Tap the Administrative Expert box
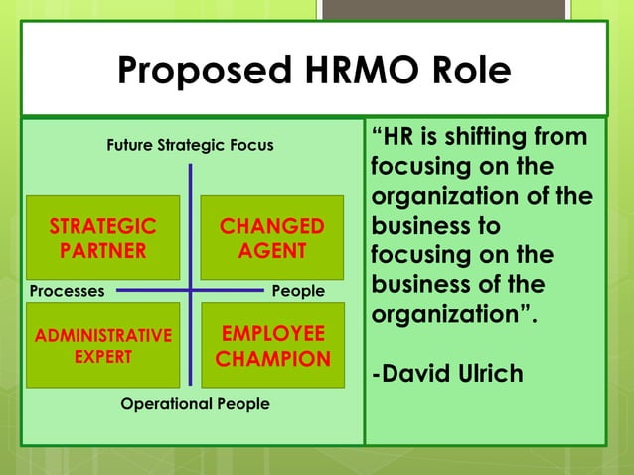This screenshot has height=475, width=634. click(x=102, y=345)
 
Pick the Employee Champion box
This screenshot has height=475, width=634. click(x=272, y=345)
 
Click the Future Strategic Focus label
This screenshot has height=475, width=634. click(x=190, y=147)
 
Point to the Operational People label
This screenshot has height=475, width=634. click(x=195, y=404)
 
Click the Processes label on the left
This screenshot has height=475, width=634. click(x=68, y=291)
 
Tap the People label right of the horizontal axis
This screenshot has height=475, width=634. click(x=298, y=291)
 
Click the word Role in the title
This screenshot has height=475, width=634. click(x=469, y=71)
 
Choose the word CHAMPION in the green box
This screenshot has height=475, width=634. click(x=272, y=359)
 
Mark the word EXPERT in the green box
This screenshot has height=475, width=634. click(x=102, y=357)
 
